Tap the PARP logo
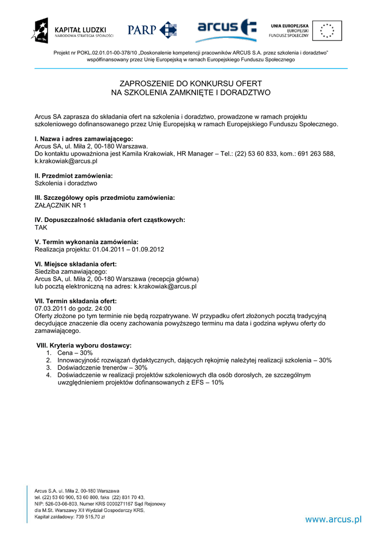click(152, 30)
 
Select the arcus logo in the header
click(226, 30)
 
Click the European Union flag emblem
click(326, 30)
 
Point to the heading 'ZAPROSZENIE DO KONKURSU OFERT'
click(191, 83)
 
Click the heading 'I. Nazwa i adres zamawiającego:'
click(84, 139)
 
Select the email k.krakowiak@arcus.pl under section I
click(66, 161)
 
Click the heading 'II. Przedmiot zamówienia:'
click(73, 176)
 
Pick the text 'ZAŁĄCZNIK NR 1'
click(60, 205)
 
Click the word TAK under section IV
click(41, 227)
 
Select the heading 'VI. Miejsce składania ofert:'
click(76, 264)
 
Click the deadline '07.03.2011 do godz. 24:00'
click(73, 308)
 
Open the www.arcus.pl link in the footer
click(333, 519)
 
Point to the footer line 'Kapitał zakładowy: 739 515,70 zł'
click(70, 517)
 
